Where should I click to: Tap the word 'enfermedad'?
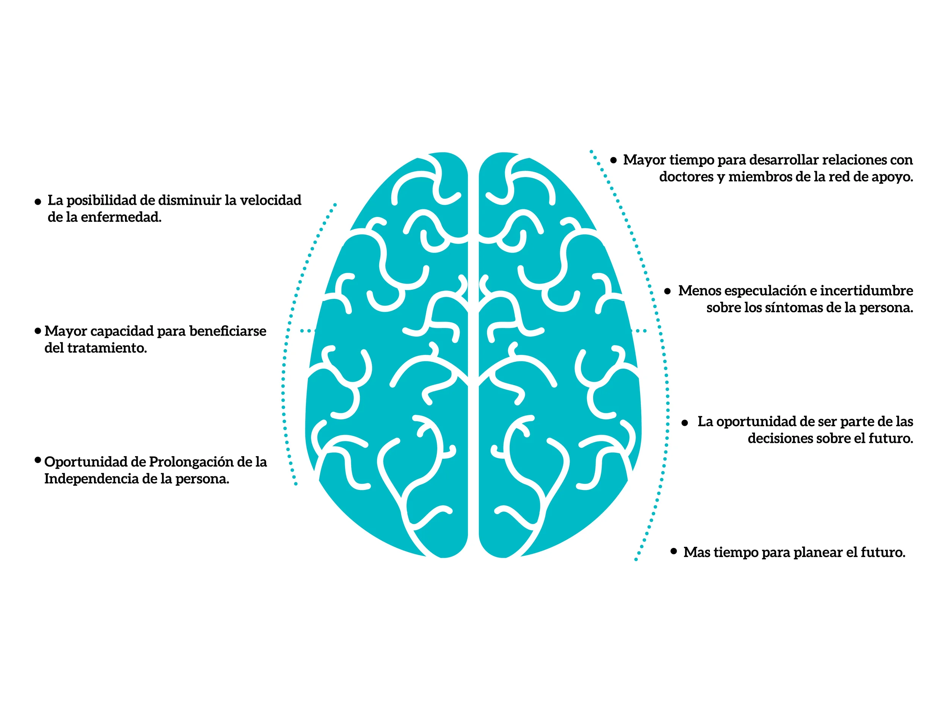[121, 217]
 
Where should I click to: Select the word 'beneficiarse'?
[228, 331]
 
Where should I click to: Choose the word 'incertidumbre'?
[866, 290]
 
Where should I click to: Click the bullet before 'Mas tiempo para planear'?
[674, 551]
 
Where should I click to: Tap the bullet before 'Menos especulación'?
[667, 292]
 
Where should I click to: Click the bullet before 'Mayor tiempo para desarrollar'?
[614, 160]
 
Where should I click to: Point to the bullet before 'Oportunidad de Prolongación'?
[38, 460]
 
